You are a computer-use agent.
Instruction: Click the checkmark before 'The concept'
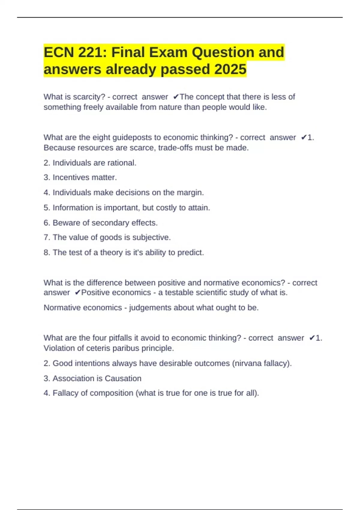click(x=176, y=97)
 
